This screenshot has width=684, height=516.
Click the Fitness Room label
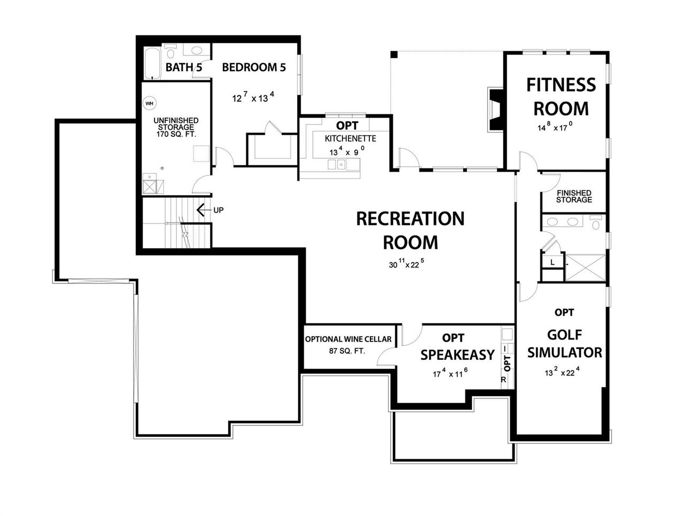pos(561,96)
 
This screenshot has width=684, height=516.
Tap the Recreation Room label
pos(410,230)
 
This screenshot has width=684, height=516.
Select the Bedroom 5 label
pos(254,67)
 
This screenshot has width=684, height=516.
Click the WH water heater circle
pos(149,103)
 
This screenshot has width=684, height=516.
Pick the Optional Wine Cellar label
pos(348,339)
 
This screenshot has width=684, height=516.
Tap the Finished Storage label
pos(574,196)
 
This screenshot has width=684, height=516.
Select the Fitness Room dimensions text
pos(555,128)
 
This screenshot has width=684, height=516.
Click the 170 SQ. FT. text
pos(176,135)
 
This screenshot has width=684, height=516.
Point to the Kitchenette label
pos(350,138)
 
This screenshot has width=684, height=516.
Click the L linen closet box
pos(551,262)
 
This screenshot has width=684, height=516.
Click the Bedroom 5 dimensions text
pos(253,98)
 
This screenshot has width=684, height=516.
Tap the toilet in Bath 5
pos(170,52)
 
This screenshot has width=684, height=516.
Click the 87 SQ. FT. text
pos(348,351)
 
